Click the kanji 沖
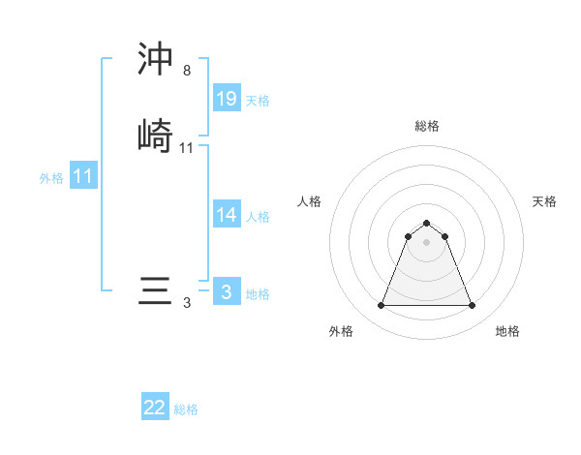[x=156, y=60]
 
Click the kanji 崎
[x=156, y=135]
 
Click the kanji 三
[x=156, y=291]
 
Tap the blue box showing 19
[x=227, y=99]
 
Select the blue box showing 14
[x=227, y=215]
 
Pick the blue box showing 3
[x=227, y=292]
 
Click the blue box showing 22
[x=155, y=408]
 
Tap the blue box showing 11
[x=83, y=177]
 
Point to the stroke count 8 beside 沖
[x=186, y=71]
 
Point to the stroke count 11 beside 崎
[x=187, y=148]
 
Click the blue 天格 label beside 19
[x=258, y=101]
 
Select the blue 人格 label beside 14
[x=258, y=217]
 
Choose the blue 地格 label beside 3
[x=258, y=294]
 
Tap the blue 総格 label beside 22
[x=186, y=409]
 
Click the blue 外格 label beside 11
[x=51, y=178]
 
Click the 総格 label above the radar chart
[x=426, y=126]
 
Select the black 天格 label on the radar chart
[x=544, y=201]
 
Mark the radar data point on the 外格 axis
[x=381, y=306]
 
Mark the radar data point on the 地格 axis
[x=472, y=306]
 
